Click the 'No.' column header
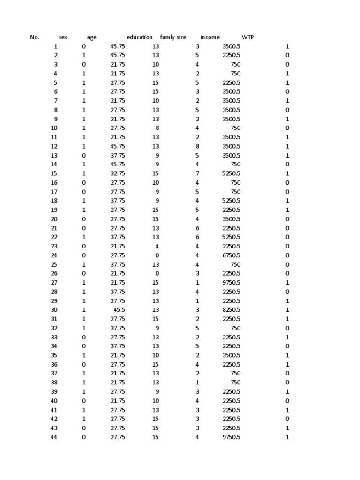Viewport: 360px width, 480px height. pos(35,37)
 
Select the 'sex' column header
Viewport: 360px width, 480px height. pos(63,37)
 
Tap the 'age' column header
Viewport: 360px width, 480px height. pos(92,37)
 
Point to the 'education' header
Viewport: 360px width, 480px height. pos(140,37)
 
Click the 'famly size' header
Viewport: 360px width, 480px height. pos(173,37)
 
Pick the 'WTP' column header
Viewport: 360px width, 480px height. pos(247,37)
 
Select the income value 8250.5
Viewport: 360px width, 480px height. pos(231,310)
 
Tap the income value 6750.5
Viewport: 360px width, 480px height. pos(231,255)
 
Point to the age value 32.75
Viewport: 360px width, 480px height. pos(118,173)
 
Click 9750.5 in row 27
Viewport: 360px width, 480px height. pos(231,283)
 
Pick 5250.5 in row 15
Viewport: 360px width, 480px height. pos(231,173)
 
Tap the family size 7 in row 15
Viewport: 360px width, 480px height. pos(197,173)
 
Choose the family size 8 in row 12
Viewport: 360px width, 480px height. pos(197,146)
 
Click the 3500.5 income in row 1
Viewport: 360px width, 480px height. pos(231,46)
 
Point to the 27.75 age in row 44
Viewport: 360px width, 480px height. pos(118,437)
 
